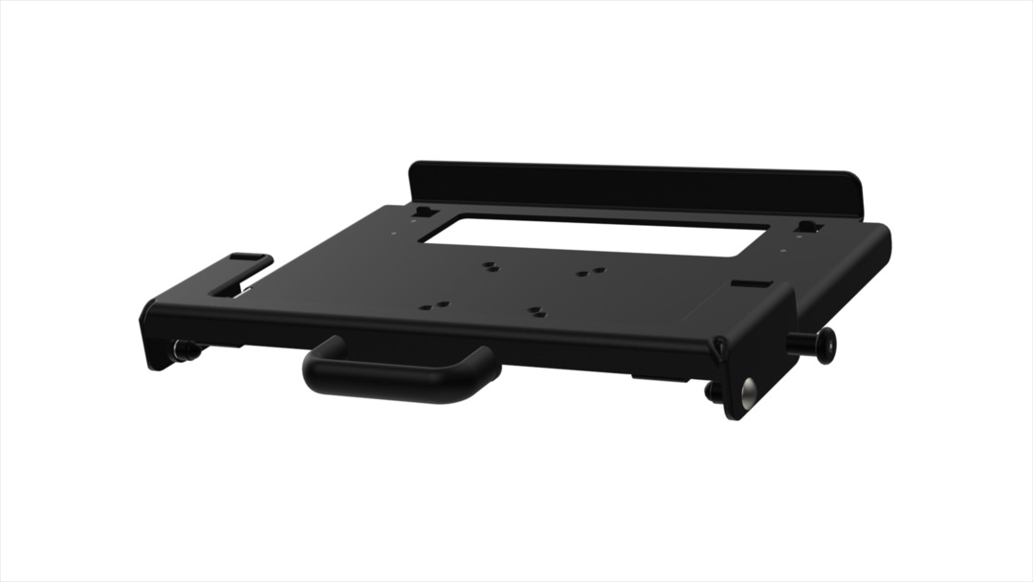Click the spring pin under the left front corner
coord(184,351)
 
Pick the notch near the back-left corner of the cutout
coord(426,212)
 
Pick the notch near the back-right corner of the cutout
coord(808,228)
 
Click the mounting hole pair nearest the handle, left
coord(434,306)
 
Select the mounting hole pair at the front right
coord(538,312)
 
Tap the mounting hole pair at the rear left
coord(490,266)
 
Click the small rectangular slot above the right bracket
coord(748,283)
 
